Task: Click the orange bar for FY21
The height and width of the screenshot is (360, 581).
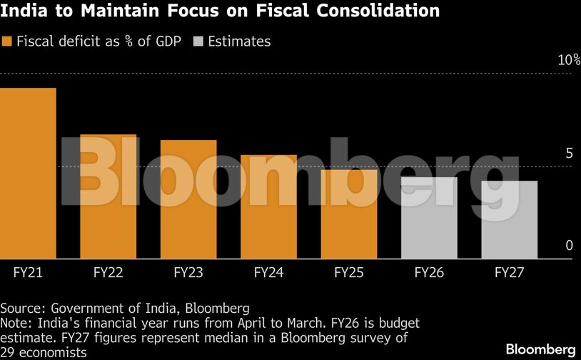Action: [28, 174]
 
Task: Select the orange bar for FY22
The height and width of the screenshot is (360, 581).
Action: [108, 196]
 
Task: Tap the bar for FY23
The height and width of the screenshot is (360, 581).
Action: [188, 199]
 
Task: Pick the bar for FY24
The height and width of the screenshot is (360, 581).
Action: [268, 207]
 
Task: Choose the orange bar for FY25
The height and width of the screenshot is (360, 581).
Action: [349, 214]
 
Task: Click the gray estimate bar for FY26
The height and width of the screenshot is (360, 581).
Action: [429, 218]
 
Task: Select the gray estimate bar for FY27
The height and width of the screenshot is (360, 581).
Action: [509, 220]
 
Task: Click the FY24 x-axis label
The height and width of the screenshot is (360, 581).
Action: [268, 272]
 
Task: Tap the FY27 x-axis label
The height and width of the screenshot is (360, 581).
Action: [509, 272]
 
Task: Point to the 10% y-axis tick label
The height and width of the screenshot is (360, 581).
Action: [568, 60]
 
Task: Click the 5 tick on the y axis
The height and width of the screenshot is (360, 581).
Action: [569, 153]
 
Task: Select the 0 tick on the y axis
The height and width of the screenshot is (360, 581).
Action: [569, 246]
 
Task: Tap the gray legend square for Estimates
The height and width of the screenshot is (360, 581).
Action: [198, 41]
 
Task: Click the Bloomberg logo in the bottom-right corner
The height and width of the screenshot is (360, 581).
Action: [540, 349]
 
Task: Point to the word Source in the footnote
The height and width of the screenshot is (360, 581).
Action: [21, 309]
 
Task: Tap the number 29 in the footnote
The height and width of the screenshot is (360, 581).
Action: [8, 352]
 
